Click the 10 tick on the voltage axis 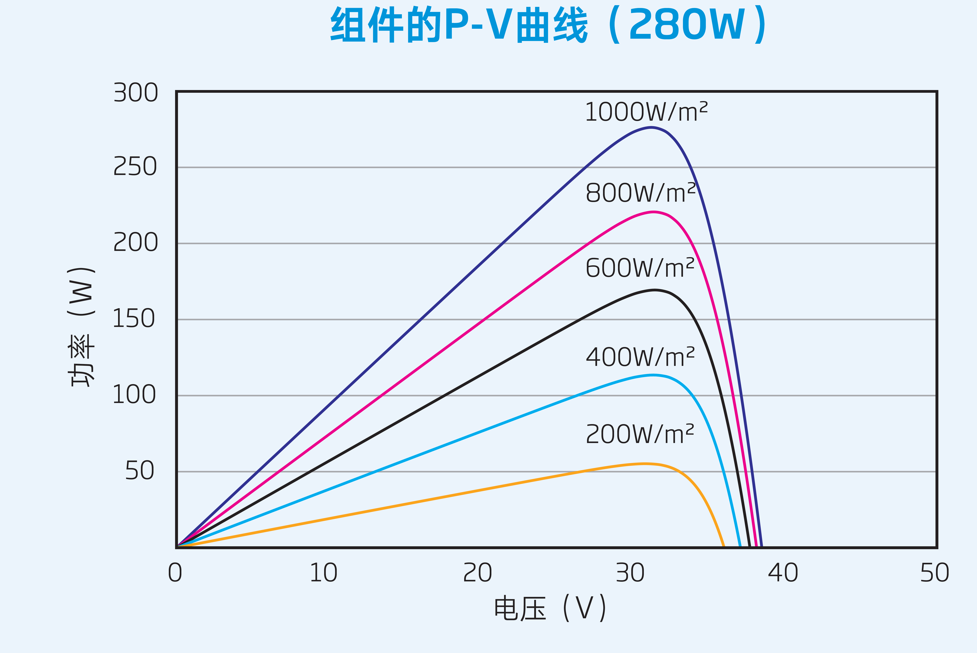click(323, 573)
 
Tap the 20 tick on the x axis click(477, 573)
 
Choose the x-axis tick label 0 click(175, 573)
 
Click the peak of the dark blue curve click(652, 127)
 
